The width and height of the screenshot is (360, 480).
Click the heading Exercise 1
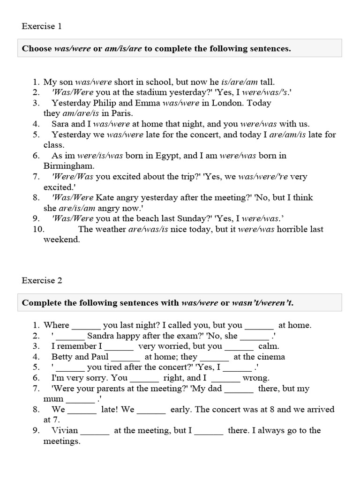pos(42,26)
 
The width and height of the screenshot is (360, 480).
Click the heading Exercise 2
pos(42,281)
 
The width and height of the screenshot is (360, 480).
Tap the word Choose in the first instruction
pos(37,49)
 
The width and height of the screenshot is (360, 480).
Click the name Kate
pos(105,197)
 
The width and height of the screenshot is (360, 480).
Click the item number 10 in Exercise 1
pos(38,229)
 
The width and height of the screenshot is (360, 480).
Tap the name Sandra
pos(101,336)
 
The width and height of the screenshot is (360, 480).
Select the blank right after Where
pos(86,326)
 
